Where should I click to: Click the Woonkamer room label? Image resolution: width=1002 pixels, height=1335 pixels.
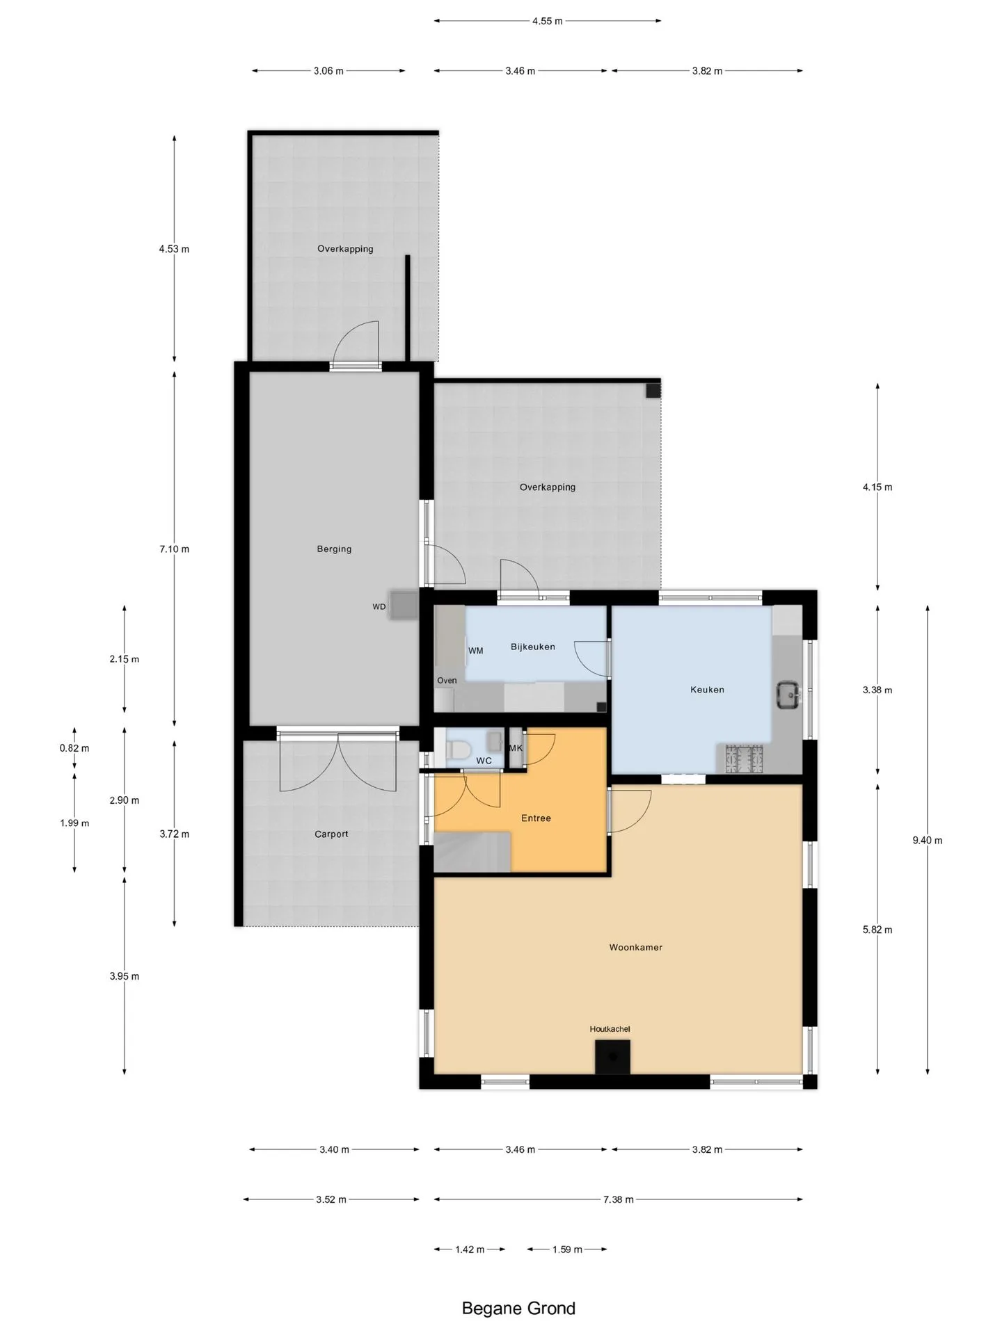click(x=635, y=947)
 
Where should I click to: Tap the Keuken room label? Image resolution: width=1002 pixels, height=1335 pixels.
click(x=707, y=690)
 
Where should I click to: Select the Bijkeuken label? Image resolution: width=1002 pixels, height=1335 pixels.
click(x=533, y=647)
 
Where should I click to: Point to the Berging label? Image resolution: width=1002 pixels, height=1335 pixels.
click(x=334, y=549)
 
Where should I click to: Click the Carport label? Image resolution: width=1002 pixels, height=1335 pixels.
click(x=331, y=834)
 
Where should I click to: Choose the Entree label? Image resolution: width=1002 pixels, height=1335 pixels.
click(x=536, y=818)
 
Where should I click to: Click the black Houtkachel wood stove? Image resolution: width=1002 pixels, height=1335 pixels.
click(x=612, y=1057)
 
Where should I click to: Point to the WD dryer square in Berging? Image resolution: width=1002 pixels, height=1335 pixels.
click(x=403, y=605)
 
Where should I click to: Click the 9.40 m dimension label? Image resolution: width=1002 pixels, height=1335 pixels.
click(x=928, y=840)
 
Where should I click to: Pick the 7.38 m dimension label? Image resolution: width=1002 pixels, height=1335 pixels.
click(x=619, y=1199)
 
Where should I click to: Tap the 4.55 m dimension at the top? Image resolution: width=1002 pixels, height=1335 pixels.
click(x=548, y=21)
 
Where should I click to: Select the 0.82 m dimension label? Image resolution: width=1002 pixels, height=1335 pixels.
click(x=74, y=748)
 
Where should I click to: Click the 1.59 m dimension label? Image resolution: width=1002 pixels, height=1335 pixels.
click(x=567, y=1249)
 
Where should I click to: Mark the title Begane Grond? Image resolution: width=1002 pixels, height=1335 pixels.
click(x=518, y=1309)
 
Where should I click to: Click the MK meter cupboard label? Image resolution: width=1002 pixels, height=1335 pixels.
click(x=516, y=748)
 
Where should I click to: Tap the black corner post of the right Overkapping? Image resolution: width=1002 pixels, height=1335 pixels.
click(x=653, y=390)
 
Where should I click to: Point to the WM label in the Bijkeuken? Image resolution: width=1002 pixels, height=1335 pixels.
click(x=476, y=651)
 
